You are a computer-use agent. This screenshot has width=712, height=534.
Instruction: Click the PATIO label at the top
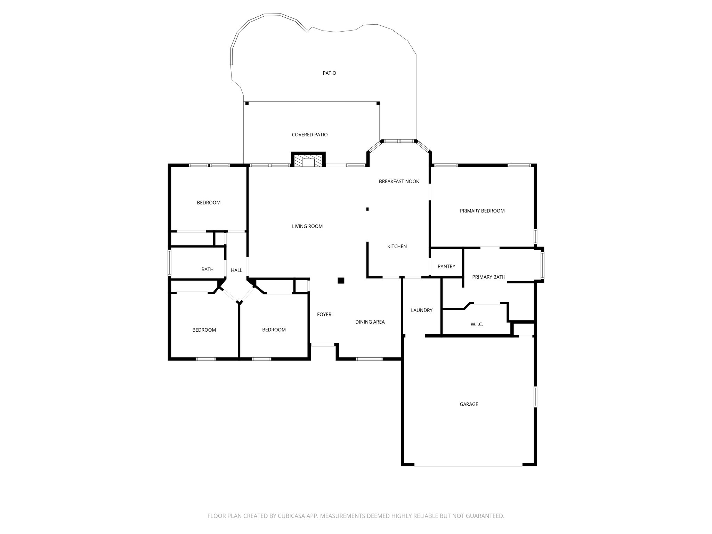329,73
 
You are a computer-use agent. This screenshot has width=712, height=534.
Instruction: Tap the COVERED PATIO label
309,135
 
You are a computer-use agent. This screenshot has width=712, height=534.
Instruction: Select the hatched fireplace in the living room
308,161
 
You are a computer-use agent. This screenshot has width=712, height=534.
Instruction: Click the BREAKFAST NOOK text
399,181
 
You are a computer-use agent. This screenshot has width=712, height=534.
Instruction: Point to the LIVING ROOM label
307,226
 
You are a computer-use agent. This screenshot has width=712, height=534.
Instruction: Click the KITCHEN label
397,246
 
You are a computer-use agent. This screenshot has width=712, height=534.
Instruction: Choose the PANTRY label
446,267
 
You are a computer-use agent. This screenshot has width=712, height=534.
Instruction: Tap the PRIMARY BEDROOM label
482,211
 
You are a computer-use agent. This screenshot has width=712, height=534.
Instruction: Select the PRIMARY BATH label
488,277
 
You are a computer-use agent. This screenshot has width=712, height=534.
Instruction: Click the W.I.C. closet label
477,324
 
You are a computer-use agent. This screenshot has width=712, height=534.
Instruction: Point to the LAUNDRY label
421,310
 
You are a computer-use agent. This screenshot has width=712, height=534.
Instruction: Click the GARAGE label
469,404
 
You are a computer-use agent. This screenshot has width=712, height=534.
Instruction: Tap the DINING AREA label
370,322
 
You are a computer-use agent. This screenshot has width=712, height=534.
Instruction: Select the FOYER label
324,315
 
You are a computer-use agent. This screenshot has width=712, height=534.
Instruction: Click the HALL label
236,270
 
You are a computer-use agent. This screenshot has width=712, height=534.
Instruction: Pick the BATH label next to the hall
207,269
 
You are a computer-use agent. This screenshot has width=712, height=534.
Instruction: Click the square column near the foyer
341,281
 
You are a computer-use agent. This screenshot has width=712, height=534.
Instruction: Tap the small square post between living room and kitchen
367,209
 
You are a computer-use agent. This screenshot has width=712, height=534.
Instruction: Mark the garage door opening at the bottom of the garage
468,464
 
